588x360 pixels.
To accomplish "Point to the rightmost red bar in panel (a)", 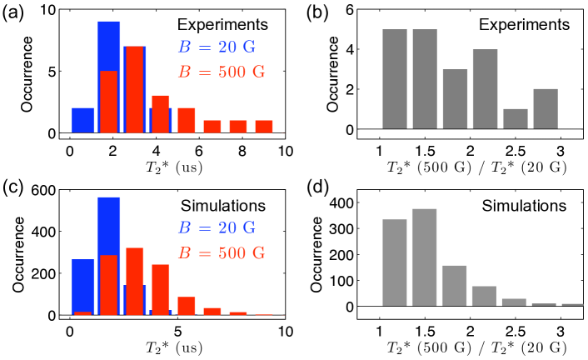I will (x=264, y=127).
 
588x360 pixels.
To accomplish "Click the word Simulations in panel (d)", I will (x=525, y=204).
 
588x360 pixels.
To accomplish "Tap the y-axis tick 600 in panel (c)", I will (x=45, y=191).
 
